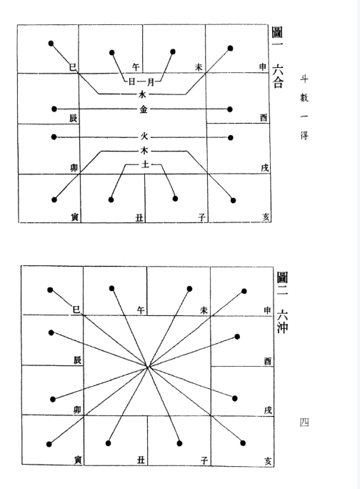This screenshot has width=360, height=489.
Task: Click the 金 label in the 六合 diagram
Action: coord(144,109)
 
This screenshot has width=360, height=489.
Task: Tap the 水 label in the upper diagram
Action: coord(142,94)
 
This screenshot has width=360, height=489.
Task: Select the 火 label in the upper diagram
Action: coord(144,137)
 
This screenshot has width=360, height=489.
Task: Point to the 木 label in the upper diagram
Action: coord(144,151)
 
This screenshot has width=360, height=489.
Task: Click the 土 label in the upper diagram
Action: coord(145,164)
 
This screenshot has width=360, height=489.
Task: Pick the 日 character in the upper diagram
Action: coord(132,82)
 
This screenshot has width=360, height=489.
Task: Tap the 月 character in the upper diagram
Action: coord(151,82)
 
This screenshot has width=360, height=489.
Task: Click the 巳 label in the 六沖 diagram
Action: coord(76,310)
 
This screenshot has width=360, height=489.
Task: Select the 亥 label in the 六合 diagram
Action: coord(266,217)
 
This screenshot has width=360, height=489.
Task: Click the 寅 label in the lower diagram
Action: coord(79,460)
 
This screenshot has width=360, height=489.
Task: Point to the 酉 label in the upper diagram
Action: coord(264,117)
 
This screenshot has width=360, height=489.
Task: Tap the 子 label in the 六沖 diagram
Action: coord(204,460)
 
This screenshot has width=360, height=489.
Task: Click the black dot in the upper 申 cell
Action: coord(230,49)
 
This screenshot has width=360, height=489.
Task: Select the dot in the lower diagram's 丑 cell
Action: coord(108,443)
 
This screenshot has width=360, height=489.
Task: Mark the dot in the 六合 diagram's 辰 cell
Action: coord(54,109)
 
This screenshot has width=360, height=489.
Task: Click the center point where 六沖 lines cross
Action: coord(148,366)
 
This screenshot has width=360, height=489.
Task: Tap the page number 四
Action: coord(304,423)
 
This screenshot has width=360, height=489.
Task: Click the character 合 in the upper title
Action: coord(278,82)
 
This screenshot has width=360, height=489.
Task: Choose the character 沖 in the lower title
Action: coord(283,327)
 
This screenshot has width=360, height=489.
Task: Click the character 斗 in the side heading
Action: coord(304,79)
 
